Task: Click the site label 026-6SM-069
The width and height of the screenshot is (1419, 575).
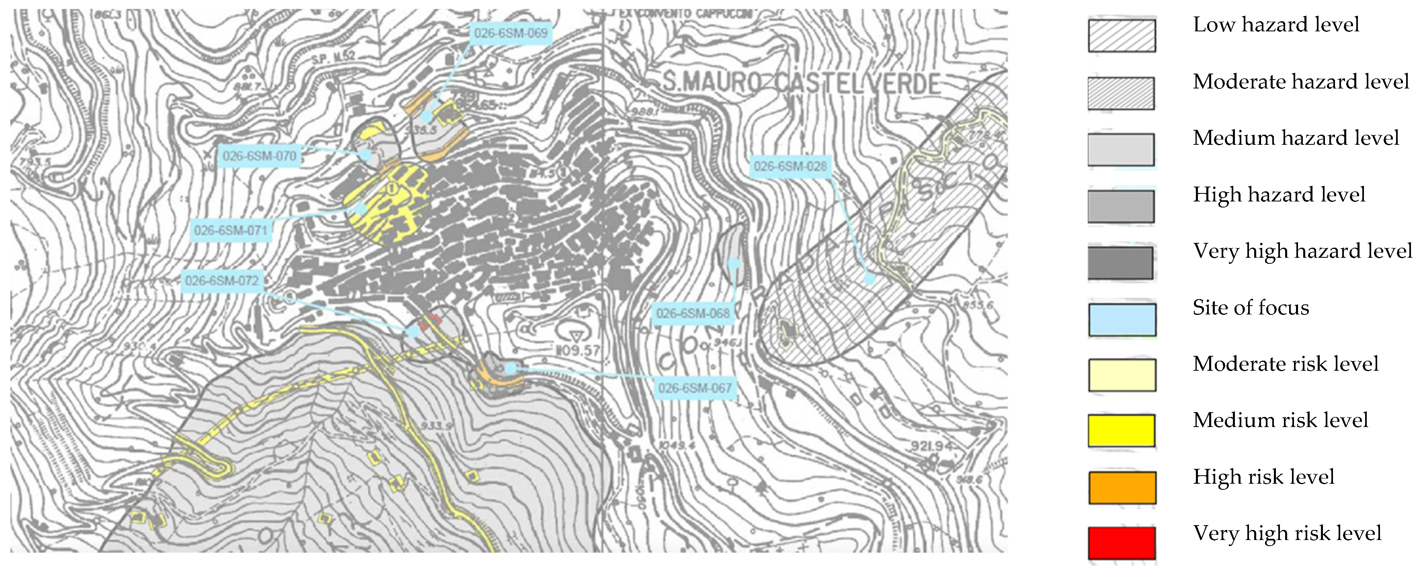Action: coord(511,33)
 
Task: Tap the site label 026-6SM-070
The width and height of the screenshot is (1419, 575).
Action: coord(259,156)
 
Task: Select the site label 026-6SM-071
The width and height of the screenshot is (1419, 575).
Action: coord(230,230)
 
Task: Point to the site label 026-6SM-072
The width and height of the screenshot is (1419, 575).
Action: coord(221,281)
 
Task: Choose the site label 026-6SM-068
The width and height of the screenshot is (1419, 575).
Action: coord(693,313)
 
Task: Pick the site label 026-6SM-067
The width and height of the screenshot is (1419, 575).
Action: coord(695,388)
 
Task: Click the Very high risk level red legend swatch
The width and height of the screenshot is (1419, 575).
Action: coord(1122,543)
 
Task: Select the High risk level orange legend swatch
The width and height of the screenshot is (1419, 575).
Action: coord(1122,487)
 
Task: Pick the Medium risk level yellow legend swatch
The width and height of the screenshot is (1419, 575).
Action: coord(1122,430)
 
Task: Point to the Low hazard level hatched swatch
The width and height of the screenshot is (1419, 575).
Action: coord(1122,36)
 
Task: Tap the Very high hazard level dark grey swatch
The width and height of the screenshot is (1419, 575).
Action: coord(1120,263)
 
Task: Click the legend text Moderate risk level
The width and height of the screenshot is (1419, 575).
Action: coord(1285,364)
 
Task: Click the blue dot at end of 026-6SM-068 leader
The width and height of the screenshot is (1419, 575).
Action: coord(734,263)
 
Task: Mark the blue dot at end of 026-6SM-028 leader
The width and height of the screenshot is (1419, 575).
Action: coord(869,278)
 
